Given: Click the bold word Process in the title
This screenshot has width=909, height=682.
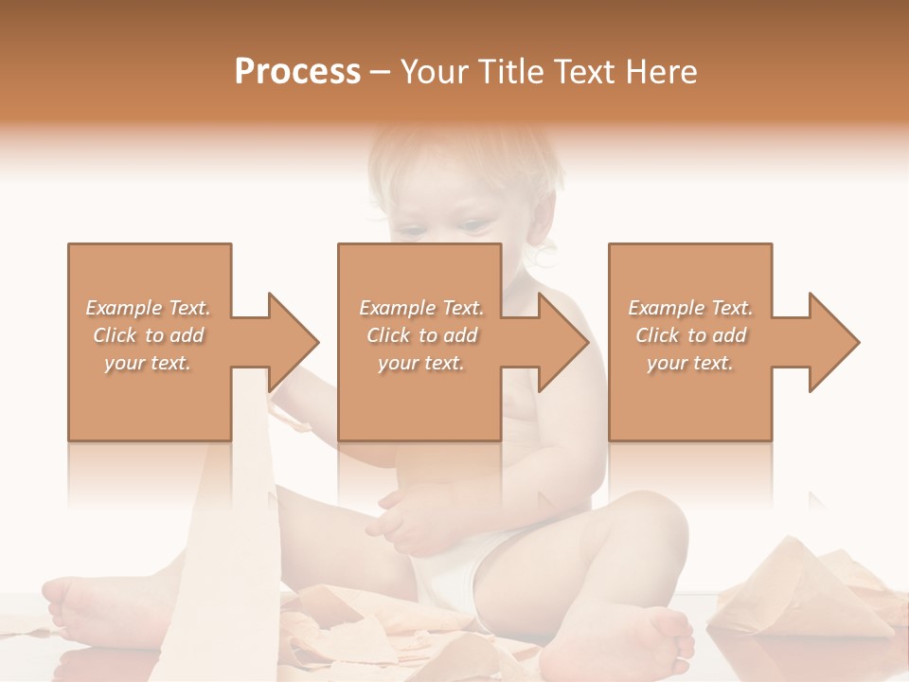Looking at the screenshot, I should click(297, 71).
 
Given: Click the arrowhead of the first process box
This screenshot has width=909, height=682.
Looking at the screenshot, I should click(294, 342).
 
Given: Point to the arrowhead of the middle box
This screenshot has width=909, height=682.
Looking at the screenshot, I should click(564, 342).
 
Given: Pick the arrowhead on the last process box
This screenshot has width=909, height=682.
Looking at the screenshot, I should click(834, 342).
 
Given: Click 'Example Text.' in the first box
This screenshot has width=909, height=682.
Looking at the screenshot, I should click(149, 308).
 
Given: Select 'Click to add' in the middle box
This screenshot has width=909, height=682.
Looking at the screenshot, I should click(421, 335).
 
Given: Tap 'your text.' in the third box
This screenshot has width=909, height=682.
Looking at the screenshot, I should click(690, 363).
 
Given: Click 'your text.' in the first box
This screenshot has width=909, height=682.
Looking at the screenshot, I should click(149, 363).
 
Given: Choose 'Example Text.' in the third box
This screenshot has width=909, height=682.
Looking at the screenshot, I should click(690, 308).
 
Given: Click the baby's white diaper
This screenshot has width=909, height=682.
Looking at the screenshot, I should click(454, 568).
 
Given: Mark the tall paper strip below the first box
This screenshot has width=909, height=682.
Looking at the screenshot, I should click(227, 530).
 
